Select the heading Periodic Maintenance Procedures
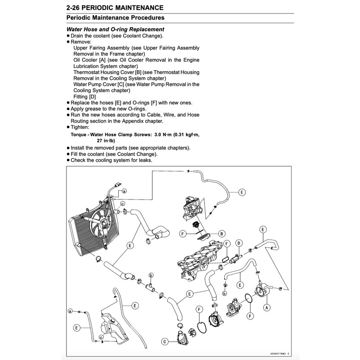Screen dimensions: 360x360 (115, 18)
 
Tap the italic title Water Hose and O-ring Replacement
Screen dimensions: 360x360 (115, 29)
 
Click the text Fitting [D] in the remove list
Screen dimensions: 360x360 (85, 97)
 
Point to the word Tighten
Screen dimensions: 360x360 (80, 127)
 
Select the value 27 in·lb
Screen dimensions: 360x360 (106, 140)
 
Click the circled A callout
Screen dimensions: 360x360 (267, 306)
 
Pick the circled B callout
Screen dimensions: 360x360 (222, 234)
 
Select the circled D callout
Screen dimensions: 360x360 (239, 243)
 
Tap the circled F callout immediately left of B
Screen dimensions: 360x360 (182, 234)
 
